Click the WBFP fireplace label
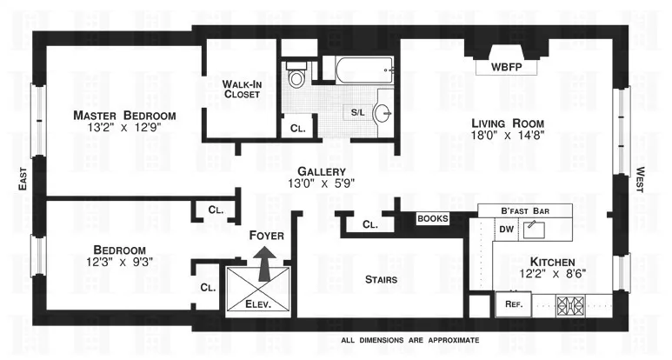click(x=508, y=66)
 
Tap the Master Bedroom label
click(x=124, y=116)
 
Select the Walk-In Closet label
click(x=241, y=89)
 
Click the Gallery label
click(x=322, y=171)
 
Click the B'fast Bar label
click(x=523, y=210)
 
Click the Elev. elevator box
click(x=258, y=291)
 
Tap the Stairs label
click(x=381, y=279)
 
